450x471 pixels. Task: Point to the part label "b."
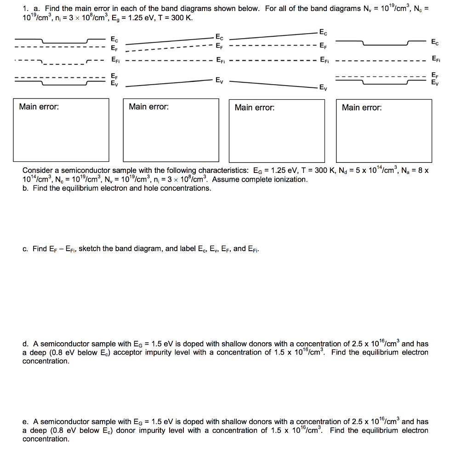[26, 188]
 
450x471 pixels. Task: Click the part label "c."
[25, 249]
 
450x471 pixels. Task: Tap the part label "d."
[26, 344]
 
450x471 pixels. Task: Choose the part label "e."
[26, 421]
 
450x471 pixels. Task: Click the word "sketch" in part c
[90, 249]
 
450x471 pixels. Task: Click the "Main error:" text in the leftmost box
[39, 107]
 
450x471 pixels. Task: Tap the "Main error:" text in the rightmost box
[362, 108]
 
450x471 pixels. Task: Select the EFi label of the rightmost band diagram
[435, 58]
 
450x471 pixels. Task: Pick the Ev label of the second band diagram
[220, 80]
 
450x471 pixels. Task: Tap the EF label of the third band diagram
[324, 46]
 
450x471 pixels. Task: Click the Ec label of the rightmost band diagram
[435, 42]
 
